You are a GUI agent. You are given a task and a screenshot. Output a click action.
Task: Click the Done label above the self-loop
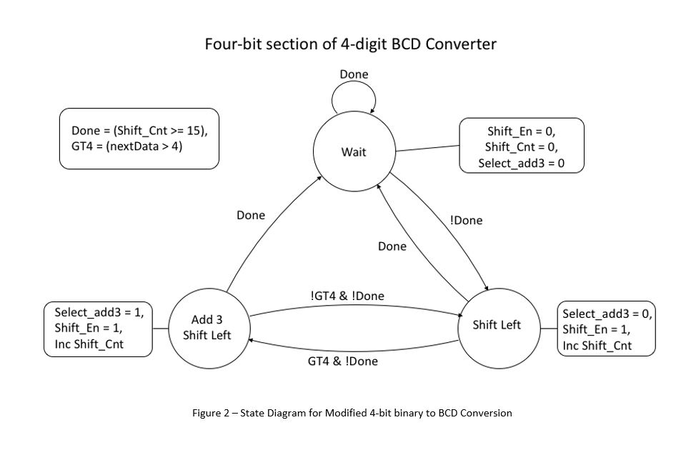tap(354, 74)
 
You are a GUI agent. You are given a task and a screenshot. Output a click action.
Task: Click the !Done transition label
tap(466, 220)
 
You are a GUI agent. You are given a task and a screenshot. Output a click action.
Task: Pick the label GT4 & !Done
tap(343, 361)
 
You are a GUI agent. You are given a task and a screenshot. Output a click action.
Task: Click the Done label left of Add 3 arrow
tap(251, 215)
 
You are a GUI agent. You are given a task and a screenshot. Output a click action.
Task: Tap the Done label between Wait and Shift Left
tap(392, 246)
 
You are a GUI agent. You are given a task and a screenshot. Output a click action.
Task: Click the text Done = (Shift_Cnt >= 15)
tap(139, 131)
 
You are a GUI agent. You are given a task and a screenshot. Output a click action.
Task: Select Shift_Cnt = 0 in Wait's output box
tap(521, 147)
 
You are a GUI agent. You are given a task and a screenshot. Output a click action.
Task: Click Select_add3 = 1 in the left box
tap(99, 312)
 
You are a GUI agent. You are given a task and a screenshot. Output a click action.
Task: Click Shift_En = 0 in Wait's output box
tap(520, 131)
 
